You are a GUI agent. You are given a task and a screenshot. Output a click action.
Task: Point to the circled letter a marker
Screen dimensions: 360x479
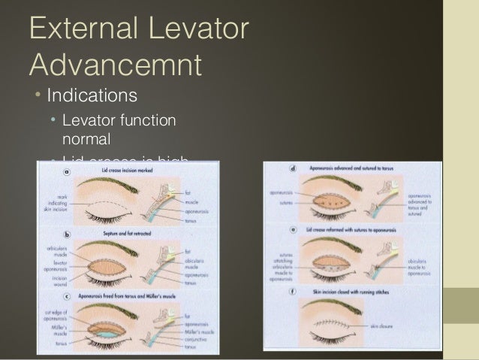[x=65, y=172]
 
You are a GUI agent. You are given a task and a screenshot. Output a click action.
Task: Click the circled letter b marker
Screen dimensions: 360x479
[x=65, y=234]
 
